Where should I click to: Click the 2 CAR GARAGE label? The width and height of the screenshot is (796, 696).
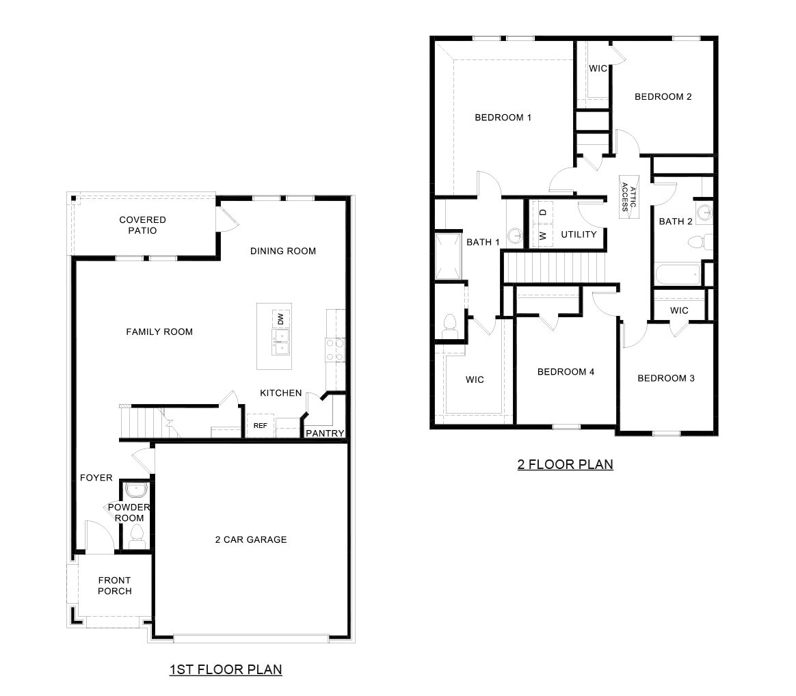pyautogui.click(x=250, y=539)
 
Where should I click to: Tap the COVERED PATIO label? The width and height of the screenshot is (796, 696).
pyautogui.click(x=142, y=225)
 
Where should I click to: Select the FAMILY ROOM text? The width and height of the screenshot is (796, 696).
pyautogui.click(x=159, y=332)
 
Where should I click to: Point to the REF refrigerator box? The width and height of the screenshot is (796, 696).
pyautogui.click(x=260, y=425)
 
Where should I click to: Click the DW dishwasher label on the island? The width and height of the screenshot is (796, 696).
pyautogui.click(x=280, y=319)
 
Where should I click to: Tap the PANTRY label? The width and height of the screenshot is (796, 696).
pyautogui.click(x=324, y=433)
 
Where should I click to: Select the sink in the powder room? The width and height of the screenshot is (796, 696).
pyautogui.click(x=136, y=490)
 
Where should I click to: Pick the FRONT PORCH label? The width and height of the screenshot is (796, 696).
pyautogui.click(x=114, y=585)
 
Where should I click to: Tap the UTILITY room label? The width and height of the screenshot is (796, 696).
pyautogui.click(x=579, y=235)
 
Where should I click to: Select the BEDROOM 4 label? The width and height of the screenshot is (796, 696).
pyautogui.click(x=566, y=372)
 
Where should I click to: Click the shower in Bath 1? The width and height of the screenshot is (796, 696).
pyautogui.click(x=448, y=256)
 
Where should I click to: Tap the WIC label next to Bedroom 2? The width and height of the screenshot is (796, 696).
pyautogui.click(x=598, y=68)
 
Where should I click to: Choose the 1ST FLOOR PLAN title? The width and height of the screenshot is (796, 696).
pyautogui.click(x=226, y=669)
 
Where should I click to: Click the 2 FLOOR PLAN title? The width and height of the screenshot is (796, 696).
pyautogui.click(x=565, y=464)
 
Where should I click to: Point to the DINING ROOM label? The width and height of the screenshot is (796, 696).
pyautogui.click(x=283, y=251)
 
